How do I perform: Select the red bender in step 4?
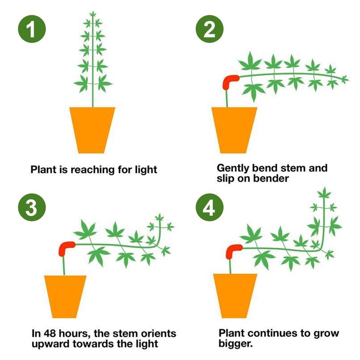[x=234, y=249]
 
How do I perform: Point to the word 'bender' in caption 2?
[x=266, y=179]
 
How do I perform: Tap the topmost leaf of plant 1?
[x=94, y=15]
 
